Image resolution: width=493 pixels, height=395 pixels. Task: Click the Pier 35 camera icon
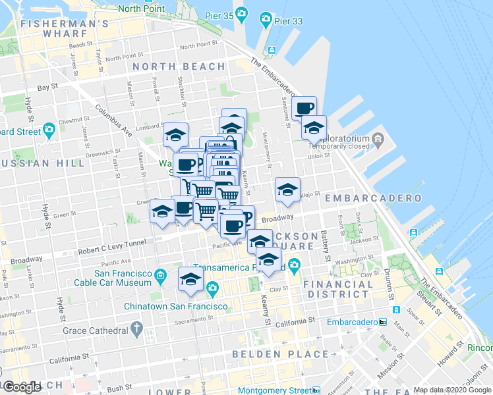[242, 14]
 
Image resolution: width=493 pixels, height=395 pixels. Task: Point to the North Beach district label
[179, 66]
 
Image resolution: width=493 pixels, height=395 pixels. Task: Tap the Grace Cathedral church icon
[136, 327]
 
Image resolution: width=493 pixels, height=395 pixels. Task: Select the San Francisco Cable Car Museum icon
[160, 274]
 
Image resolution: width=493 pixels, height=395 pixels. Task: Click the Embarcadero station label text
[352, 322]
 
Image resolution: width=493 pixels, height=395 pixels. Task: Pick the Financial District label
[337, 290]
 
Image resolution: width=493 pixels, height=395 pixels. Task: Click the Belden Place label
[280, 354]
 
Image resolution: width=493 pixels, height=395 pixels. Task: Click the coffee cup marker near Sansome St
[304, 109]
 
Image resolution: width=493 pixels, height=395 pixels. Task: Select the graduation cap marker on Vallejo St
[287, 190]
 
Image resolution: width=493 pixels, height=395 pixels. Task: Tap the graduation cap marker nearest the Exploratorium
[314, 127]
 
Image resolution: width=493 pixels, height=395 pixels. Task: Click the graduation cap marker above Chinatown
[191, 279]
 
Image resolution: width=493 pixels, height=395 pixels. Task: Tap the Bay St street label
[44, 87]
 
